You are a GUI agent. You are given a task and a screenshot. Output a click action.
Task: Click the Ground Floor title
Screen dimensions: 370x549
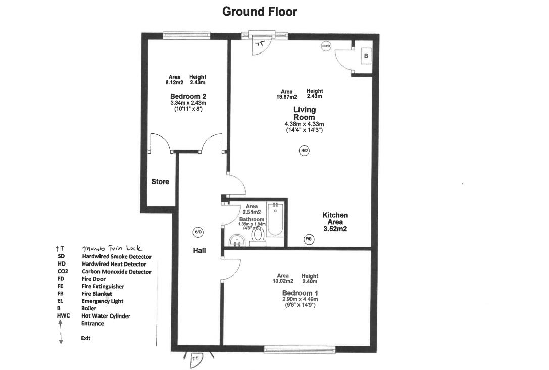[x=260, y=12]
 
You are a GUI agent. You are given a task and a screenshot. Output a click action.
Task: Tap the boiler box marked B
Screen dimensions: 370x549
[x=365, y=56]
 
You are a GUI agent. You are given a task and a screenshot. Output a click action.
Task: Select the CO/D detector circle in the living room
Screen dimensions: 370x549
[x=326, y=46]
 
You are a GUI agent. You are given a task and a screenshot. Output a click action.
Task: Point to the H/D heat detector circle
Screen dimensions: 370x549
[x=304, y=150]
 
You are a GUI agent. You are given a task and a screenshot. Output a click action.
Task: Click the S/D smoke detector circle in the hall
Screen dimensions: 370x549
[x=197, y=232]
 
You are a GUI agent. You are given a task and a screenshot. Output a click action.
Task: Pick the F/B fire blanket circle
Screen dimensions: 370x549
[x=308, y=238]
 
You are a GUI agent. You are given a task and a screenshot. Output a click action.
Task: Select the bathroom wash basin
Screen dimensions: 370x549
[x=236, y=240]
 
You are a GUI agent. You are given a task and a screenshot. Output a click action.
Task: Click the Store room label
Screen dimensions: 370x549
[x=160, y=181]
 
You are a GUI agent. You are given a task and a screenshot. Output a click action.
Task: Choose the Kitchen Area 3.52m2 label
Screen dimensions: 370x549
[x=335, y=222]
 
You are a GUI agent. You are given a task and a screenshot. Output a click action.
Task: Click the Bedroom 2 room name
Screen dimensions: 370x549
[x=188, y=96]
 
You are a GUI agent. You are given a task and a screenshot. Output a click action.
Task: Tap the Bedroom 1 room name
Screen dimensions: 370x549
[x=300, y=293]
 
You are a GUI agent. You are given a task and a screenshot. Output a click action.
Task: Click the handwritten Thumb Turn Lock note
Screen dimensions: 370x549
[x=112, y=248]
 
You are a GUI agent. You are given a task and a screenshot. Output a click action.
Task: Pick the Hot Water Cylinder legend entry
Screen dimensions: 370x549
[x=106, y=316]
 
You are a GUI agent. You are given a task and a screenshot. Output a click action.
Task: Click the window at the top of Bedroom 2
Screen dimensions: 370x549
[x=180, y=35]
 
